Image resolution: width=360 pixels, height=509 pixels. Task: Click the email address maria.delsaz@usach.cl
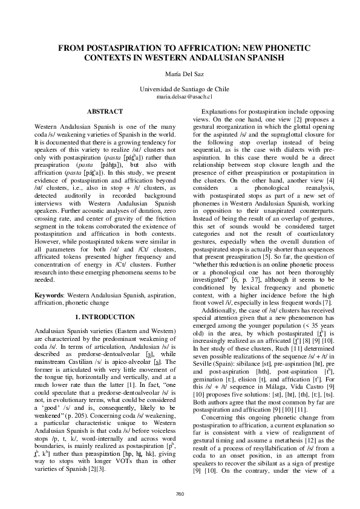coord(180,96)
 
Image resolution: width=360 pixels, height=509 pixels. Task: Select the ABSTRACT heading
coord(103,112)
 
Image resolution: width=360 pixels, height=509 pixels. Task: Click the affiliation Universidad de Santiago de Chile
coord(180,89)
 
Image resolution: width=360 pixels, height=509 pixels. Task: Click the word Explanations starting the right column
coord(222,112)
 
